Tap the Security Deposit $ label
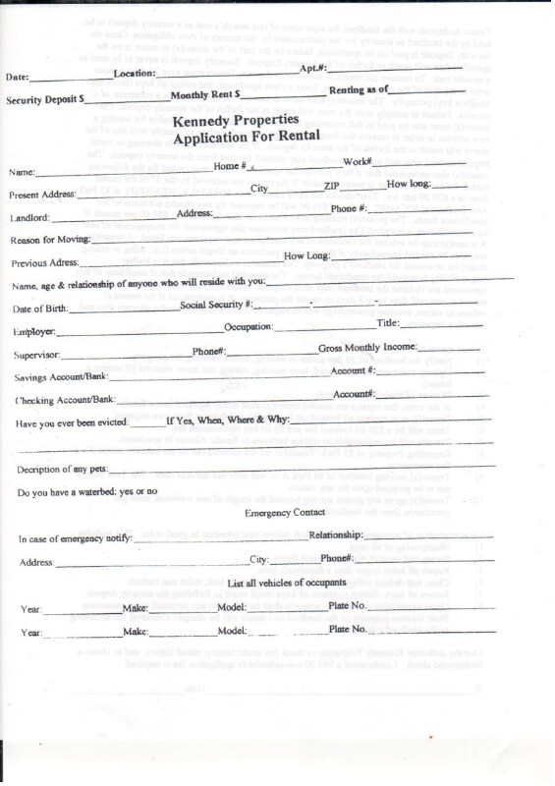pyautogui.click(x=44, y=100)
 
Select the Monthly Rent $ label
pyautogui.click(x=205, y=96)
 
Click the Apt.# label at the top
pyautogui.click(x=313, y=68)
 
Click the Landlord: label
pyautogui.click(x=30, y=218)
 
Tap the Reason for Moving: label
pyautogui.click(x=54, y=241)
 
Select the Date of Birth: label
pyautogui.click(x=43, y=309)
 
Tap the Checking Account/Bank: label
pyautogui.click(x=65, y=400)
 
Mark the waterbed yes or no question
pyautogui.click(x=87, y=491)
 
